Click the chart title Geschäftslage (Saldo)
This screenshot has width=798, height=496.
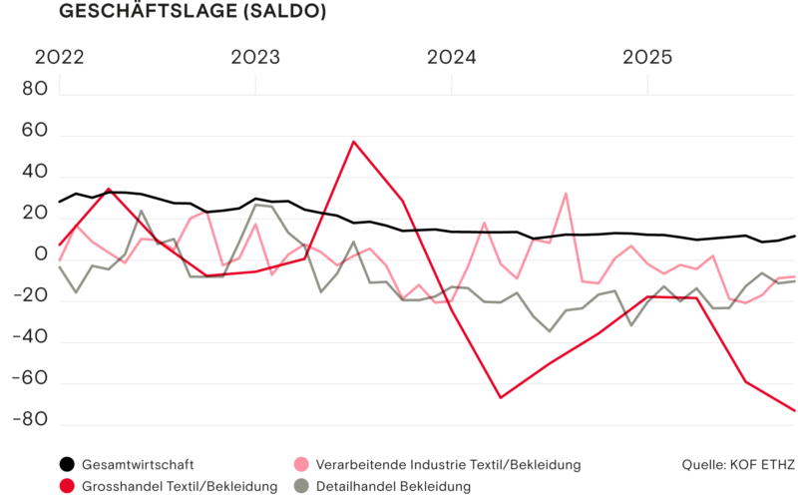coord(192,12)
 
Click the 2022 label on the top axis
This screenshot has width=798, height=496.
coord(60,58)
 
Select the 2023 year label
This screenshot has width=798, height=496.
coord(256,58)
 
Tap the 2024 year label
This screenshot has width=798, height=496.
coord(453,58)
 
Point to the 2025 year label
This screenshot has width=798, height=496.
coord(649,58)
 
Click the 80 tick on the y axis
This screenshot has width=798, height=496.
coord(36,90)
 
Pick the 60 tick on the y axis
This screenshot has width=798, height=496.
coord(36,131)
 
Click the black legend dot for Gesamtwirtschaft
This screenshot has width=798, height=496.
coord(67,464)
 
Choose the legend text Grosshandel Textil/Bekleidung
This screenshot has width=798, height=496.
coord(180,486)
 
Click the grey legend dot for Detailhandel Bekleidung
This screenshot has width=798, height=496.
coord(300,486)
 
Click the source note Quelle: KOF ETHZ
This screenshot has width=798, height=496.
coord(737,464)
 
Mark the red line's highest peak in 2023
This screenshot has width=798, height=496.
coord(354,141)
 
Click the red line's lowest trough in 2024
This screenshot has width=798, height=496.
coord(501,397)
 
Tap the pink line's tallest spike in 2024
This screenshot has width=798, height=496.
coord(566,194)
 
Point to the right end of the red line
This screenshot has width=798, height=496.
coord(795,410)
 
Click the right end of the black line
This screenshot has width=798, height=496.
coord(795,237)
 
